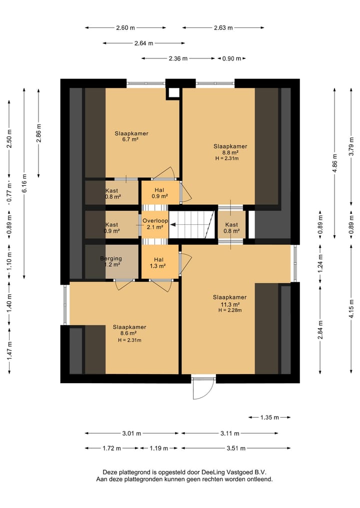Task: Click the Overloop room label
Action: [x=155, y=224]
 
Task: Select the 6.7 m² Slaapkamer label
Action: [x=131, y=136]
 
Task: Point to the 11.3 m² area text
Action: [x=230, y=305]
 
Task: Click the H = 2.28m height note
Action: [x=230, y=310]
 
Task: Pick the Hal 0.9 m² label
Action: [x=159, y=193]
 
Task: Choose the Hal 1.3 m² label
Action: [x=158, y=263]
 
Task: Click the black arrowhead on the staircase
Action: [x=172, y=224]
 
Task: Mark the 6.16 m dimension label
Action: [x=24, y=183]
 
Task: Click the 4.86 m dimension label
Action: [x=335, y=163]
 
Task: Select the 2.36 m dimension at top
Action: [x=178, y=58]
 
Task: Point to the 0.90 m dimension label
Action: [x=231, y=58]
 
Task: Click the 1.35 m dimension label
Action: [x=269, y=417]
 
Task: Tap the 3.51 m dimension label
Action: [x=236, y=449]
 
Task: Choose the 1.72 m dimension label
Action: [x=112, y=449]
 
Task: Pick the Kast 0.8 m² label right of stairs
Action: [x=231, y=228]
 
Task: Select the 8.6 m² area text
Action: [x=128, y=333]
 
